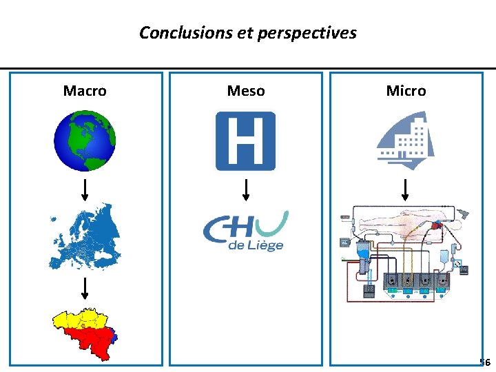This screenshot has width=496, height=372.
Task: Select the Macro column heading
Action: pos(85,91)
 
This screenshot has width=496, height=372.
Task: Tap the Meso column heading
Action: pos(246,91)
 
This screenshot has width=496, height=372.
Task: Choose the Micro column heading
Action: pos(406,91)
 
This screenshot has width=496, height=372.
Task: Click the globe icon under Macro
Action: pos(85,141)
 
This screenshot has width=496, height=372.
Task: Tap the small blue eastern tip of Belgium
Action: pos(116,337)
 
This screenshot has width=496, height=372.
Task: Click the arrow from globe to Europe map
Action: pos(85,187)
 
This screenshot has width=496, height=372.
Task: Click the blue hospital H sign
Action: pos(246,141)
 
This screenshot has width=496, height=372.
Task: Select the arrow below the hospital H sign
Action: pos(246,189)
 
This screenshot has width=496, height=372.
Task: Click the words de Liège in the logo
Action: pos(256,245)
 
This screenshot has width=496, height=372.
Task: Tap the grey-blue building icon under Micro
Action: pos(405,140)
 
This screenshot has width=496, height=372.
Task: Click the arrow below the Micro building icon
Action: pos(405,189)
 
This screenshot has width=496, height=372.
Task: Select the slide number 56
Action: pos(485,362)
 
